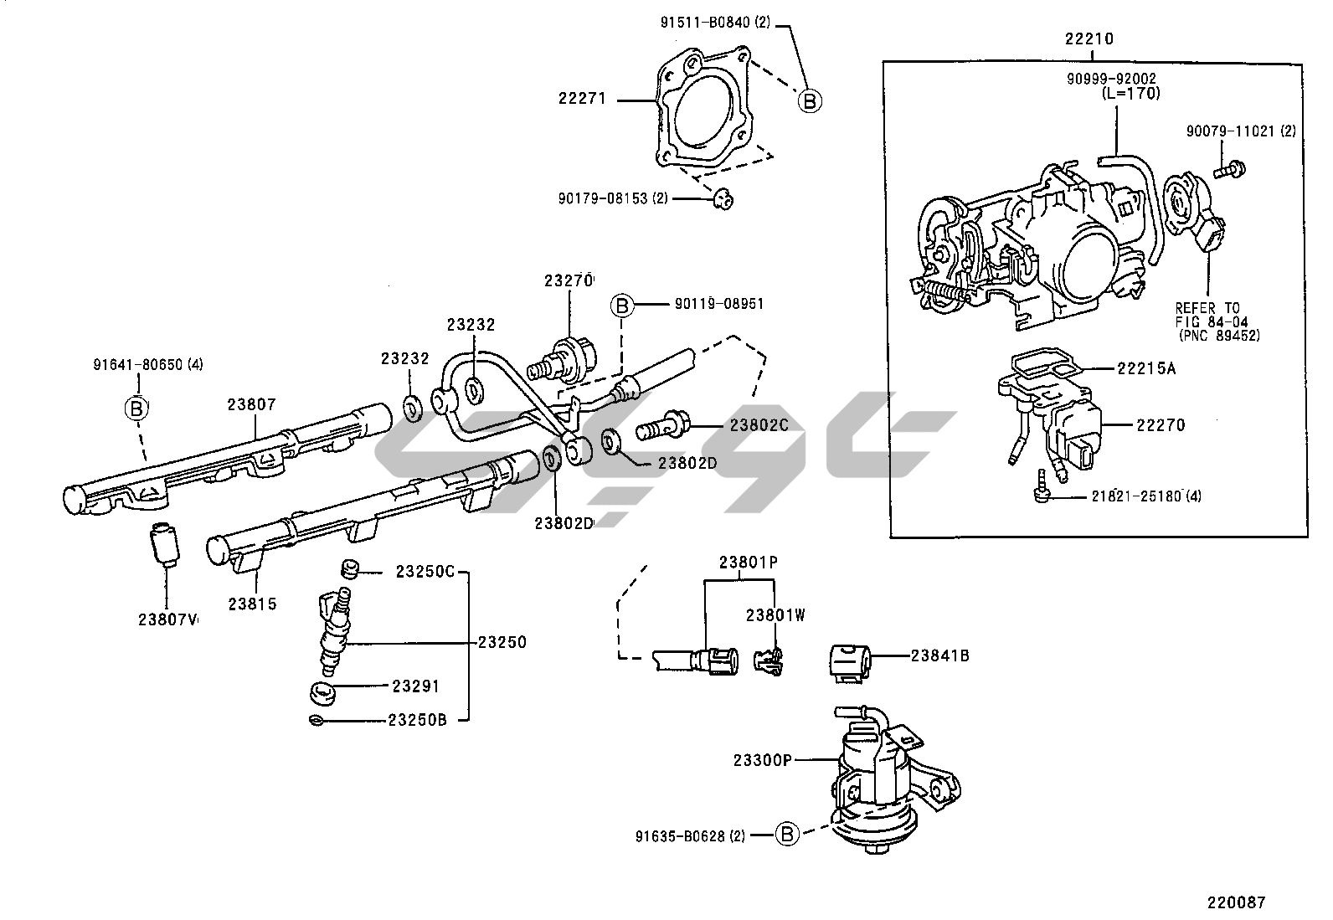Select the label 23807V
[167, 619]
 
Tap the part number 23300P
[762, 759]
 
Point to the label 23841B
[939, 655]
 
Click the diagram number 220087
[1236, 902]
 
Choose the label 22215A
[1145, 368]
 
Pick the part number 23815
[252, 604]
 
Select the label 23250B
[416, 720]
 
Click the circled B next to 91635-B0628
[786, 834]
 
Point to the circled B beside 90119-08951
[622, 305]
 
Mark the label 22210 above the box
[1089, 39]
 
